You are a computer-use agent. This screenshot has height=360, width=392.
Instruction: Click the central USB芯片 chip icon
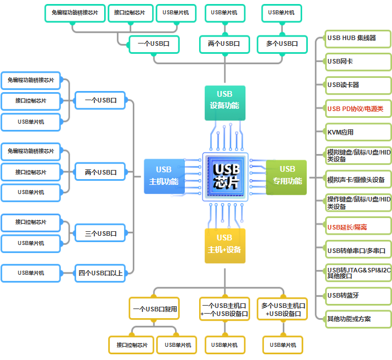point(225,176)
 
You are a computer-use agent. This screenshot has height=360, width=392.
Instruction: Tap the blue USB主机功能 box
point(164,176)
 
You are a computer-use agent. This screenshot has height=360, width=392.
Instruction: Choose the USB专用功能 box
point(287,175)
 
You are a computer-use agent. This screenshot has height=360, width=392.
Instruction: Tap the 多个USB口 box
point(282,43)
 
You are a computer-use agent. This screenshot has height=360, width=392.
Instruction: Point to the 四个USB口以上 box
point(101,273)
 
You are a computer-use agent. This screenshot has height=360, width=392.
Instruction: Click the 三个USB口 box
point(101,233)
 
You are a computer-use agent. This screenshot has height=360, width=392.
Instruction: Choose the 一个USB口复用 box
point(155,309)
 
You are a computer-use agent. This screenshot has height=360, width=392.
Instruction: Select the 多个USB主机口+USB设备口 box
point(282,309)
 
